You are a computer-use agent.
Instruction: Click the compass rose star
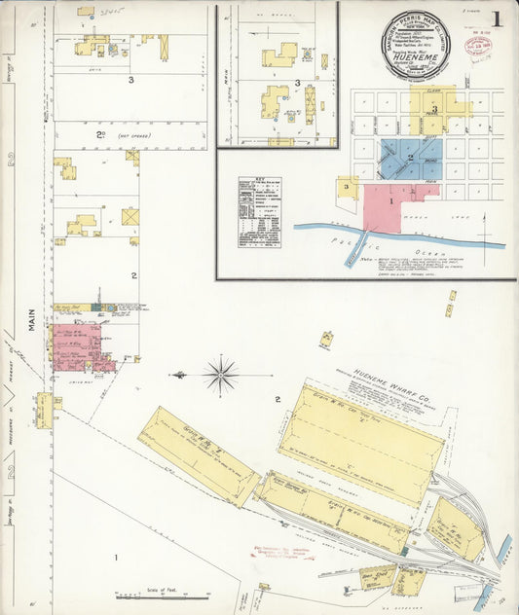[222, 374]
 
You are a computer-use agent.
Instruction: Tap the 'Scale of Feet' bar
[145, 592]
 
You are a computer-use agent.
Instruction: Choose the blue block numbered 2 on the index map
[410, 158]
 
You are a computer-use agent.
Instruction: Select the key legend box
[259, 211]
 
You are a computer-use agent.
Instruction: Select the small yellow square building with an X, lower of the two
[130, 216]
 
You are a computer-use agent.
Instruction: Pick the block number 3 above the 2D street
[130, 80]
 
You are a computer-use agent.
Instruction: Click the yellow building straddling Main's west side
[44, 409]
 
